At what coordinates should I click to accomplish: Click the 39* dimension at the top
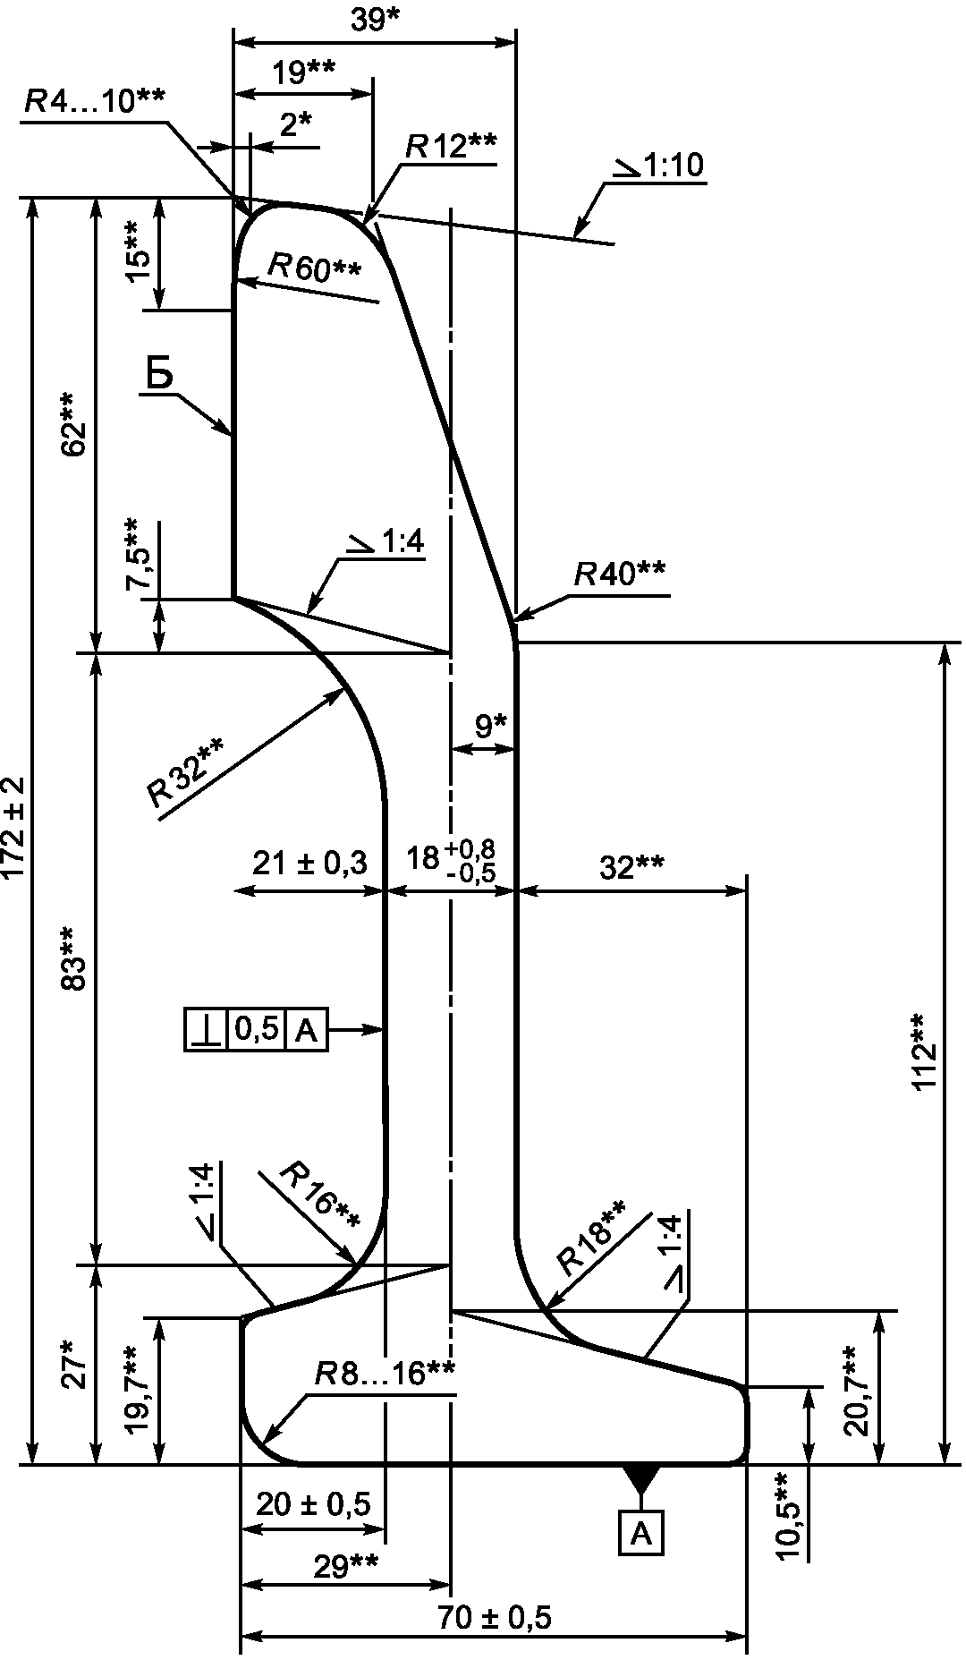click(375, 20)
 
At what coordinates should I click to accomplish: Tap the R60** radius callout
click(315, 267)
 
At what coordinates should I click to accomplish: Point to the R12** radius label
click(450, 146)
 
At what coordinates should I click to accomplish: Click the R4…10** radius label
click(94, 100)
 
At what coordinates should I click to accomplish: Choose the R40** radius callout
click(619, 573)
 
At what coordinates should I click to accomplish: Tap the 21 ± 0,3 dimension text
click(309, 864)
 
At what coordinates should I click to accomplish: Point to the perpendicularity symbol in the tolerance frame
click(207, 1031)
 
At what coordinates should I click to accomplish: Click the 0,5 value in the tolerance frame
click(257, 1031)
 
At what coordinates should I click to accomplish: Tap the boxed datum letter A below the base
click(641, 1534)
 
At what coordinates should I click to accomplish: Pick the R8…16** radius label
click(385, 1374)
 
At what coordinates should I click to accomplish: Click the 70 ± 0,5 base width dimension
click(495, 1617)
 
